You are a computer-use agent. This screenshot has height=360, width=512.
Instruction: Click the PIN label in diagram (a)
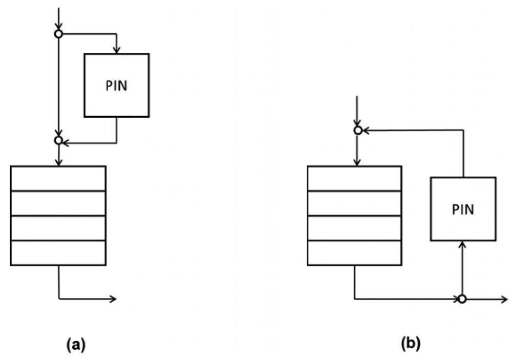tap(117, 85)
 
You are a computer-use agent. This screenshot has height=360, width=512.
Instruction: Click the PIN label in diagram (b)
tap(463, 209)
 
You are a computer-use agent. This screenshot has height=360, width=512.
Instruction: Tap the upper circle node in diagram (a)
tap(58, 34)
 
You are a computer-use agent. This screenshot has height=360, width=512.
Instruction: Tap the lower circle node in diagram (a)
tap(58, 140)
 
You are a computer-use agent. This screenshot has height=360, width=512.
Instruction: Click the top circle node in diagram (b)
tap(357, 131)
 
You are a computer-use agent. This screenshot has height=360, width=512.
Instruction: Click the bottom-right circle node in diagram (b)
tap(462, 299)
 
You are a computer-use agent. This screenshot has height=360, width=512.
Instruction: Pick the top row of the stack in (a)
tap(58, 178)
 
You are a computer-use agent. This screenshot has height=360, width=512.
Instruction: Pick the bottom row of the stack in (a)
tap(58, 253)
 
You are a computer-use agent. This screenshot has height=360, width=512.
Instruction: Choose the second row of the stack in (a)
tap(58, 203)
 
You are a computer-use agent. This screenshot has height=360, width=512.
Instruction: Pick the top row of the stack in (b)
tap(354, 178)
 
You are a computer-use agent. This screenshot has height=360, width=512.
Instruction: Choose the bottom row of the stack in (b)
tap(354, 253)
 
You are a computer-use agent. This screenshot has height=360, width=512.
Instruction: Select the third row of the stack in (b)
tap(354, 228)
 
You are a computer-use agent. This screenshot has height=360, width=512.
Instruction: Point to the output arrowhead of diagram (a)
tap(113, 299)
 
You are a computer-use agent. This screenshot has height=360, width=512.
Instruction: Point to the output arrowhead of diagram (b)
tap(504, 299)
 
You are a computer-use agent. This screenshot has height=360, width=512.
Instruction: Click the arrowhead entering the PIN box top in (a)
tap(117, 50)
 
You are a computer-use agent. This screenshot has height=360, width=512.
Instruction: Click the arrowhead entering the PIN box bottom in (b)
tap(462, 244)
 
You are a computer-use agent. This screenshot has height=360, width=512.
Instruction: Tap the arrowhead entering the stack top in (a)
tap(58, 162)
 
